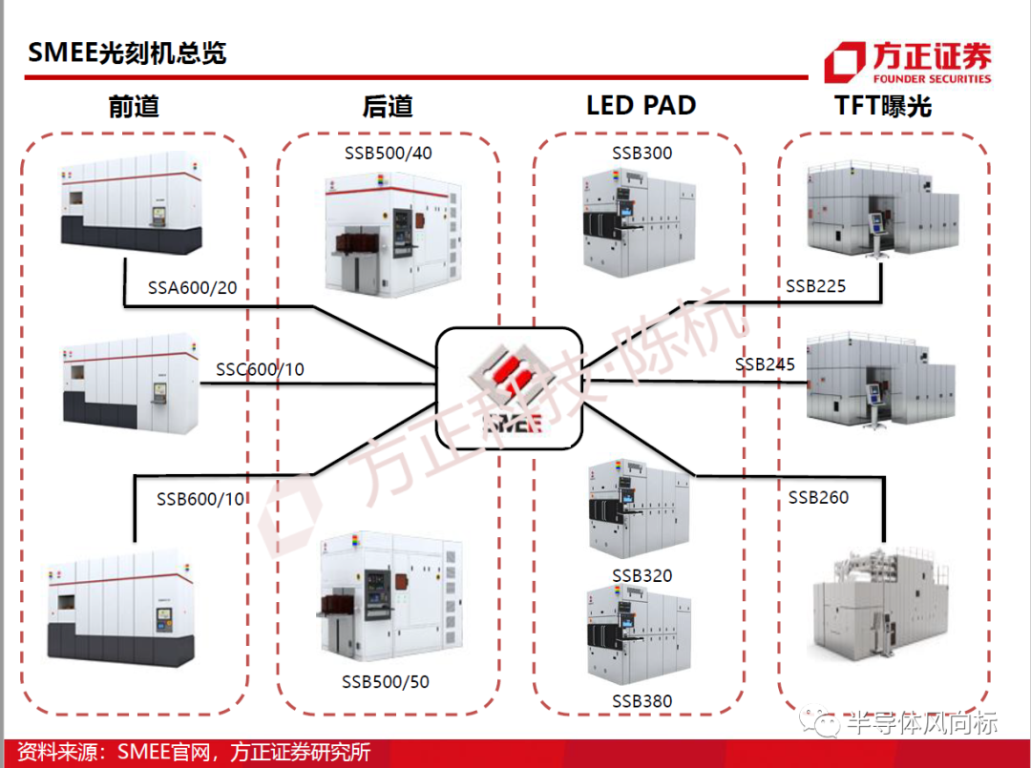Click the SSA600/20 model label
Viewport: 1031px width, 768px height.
point(192,288)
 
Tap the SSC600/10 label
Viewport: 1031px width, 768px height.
point(261,369)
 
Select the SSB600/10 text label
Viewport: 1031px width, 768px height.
point(200,499)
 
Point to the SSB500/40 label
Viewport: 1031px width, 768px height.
point(388,153)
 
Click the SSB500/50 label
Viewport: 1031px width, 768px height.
point(386,682)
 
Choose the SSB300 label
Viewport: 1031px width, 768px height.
point(642,153)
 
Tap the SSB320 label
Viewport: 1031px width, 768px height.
point(642,575)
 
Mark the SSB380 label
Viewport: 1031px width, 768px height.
point(642,701)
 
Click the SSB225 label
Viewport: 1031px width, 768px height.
point(815,286)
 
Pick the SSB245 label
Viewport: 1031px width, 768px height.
point(765,363)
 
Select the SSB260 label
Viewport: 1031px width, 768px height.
point(818,497)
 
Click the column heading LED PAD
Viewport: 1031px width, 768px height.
point(642,105)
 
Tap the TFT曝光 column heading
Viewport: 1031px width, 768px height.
point(883,105)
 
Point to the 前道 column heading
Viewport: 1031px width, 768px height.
point(135,106)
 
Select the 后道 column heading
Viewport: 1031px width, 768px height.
point(388,106)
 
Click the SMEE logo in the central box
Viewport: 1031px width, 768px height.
point(510,389)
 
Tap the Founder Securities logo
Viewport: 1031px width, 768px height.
point(908,62)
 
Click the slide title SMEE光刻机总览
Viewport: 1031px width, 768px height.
point(127,52)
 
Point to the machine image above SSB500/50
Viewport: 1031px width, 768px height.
point(391,596)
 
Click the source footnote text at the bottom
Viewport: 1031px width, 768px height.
point(193,752)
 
